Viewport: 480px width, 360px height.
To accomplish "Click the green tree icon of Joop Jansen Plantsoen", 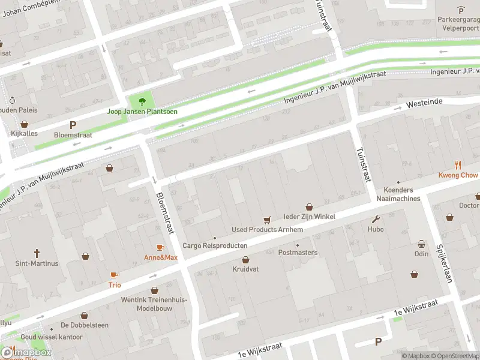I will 142,101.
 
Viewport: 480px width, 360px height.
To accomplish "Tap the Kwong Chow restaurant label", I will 458,175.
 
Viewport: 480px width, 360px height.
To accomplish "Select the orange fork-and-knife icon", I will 458,164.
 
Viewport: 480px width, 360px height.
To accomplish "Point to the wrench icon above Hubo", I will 376,219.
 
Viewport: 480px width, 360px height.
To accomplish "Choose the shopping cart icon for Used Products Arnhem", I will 268,220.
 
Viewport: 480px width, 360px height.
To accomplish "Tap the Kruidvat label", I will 245,269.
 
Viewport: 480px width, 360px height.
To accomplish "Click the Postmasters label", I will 298,253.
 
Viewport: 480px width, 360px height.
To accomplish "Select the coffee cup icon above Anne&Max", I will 160,247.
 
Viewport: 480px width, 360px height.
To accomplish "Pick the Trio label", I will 114,285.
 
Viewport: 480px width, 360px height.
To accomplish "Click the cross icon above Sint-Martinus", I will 37,253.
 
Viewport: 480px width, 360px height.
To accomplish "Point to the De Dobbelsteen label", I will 84,325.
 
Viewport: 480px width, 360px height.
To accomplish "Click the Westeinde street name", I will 424,103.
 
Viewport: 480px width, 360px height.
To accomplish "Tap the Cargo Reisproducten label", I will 215,246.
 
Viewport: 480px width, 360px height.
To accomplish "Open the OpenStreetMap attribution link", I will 454,356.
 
